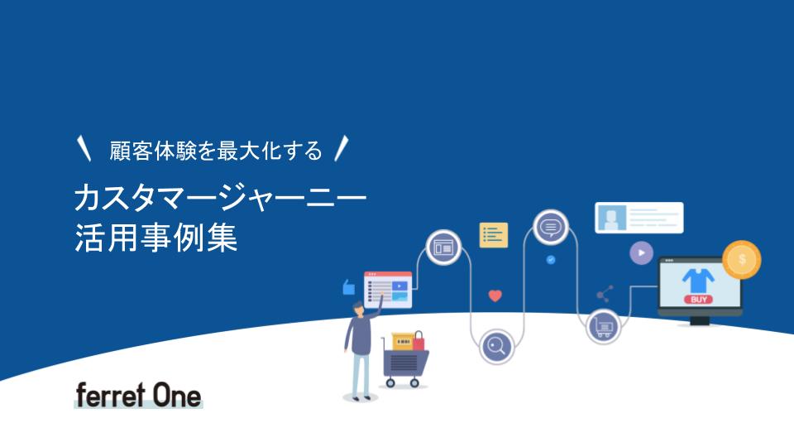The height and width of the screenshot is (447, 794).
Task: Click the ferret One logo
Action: (x=138, y=396)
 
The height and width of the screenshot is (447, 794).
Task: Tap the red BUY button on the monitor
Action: (x=699, y=300)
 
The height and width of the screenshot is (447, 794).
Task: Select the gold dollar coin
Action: (x=741, y=259)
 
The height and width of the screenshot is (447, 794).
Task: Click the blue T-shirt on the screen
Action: (x=698, y=281)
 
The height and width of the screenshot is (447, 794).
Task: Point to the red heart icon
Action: (x=495, y=296)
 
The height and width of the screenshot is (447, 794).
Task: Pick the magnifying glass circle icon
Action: (x=496, y=347)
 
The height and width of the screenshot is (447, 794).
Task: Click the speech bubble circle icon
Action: (x=551, y=227)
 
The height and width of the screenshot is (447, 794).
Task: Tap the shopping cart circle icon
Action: (x=603, y=327)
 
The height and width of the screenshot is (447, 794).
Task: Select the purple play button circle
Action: (x=641, y=252)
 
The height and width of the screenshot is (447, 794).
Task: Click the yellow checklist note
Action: (x=493, y=235)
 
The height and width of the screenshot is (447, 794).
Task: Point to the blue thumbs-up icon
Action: (x=348, y=287)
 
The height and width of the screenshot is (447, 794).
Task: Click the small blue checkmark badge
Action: (x=551, y=260)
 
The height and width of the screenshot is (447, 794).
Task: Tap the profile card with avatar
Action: (x=639, y=218)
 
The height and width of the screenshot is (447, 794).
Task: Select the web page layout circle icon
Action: (x=443, y=248)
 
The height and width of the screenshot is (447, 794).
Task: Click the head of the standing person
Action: (x=358, y=309)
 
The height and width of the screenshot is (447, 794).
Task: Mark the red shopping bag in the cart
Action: (x=419, y=341)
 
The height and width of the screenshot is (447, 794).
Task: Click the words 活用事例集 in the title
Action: (x=156, y=238)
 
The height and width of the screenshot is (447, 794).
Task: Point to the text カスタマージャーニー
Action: (x=220, y=198)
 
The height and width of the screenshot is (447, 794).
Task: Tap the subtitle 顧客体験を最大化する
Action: (x=216, y=151)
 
